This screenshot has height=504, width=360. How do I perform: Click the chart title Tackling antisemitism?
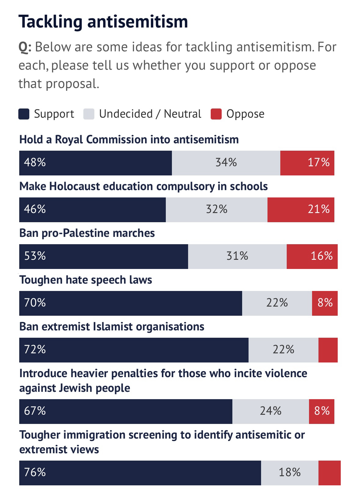[x=103, y=21]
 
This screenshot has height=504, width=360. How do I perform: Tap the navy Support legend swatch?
[x=24, y=114]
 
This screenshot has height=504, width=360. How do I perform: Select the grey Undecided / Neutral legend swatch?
[x=89, y=114]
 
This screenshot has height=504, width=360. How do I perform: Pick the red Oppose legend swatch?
[x=216, y=114]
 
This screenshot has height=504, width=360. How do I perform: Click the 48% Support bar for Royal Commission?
[x=95, y=163]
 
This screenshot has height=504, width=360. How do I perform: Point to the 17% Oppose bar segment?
[x=307, y=163]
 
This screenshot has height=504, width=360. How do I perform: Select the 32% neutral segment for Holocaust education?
[x=216, y=209]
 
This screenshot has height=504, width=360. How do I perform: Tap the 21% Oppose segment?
[x=301, y=209]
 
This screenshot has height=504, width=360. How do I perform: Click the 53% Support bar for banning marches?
[x=104, y=256]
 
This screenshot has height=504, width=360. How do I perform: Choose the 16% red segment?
[x=312, y=256]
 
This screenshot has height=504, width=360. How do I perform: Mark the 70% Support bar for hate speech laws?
[x=130, y=303]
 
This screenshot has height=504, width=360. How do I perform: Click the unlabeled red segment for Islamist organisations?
[x=328, y=350]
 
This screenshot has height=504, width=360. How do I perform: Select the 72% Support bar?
[x=134, y=350]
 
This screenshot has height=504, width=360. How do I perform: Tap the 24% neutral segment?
[x=271, y=411]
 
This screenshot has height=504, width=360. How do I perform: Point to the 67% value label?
[x=35, y=411]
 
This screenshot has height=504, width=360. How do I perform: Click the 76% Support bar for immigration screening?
[x=140, y=473]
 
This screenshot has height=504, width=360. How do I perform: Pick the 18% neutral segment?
[x=289, y=473]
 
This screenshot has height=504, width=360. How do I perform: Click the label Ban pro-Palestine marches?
[x=87, y=233]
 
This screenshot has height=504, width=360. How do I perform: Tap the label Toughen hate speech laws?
[x=85, y=280]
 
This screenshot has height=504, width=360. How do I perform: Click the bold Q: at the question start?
[x=25, y=47]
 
